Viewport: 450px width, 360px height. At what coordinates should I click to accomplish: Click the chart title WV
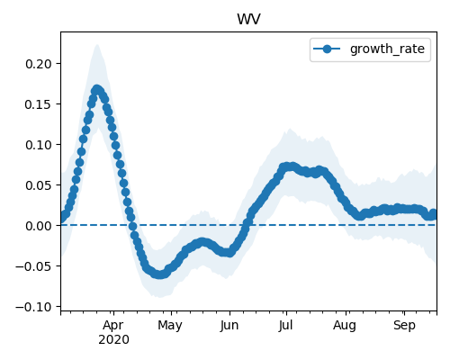coord(248,19)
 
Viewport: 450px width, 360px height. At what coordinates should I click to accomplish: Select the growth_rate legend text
coord(387,49)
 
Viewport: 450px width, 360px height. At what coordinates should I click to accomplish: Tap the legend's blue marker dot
coord(327,49)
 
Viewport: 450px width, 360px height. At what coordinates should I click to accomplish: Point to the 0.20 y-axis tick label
coord(39,64)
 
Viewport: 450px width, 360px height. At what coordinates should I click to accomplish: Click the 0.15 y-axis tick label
coord(39,104)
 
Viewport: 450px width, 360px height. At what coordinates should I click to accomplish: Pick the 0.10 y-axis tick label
coord(39,145)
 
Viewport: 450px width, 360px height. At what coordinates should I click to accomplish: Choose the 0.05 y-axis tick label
coord(39,185)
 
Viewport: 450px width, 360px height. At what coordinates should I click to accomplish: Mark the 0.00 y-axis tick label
coord(39,226)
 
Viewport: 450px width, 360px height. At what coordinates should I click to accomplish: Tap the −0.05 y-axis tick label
coord(33,266)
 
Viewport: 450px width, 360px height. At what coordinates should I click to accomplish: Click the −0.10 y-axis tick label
coord(33,307)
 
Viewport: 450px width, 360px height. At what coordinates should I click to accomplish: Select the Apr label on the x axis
coord(113,326)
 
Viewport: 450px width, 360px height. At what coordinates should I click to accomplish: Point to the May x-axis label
coord(170,326)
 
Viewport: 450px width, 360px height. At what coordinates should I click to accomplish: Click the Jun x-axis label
coord(229,326)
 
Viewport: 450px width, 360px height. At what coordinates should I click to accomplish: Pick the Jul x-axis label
coord(285,326)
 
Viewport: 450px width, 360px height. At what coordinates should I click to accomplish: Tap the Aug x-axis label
coord(345,326)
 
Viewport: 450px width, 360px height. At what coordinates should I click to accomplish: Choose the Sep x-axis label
coord(404,326)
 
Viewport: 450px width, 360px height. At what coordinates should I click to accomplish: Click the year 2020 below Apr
coord(113,340)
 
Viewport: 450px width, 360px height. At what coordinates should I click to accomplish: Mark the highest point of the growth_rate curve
coord(96,89)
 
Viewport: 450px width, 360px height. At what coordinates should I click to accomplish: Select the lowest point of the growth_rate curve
coord(160,274)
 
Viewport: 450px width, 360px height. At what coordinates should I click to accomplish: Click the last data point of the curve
coord(434,213)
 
